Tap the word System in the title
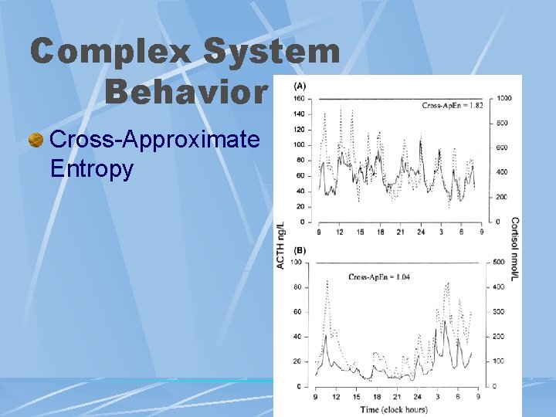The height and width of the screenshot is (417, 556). point(271,53)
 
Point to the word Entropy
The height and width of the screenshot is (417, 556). point(91,168)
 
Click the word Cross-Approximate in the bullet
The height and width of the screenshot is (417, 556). point(154,140)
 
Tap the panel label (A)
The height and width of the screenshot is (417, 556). point(300,85)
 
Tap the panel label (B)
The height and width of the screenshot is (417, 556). point(300,250)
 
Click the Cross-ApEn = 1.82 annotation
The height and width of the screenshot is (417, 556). point(452,106)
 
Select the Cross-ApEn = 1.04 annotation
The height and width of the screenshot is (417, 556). point(378,276)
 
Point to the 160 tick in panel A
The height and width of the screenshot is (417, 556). point(298,98)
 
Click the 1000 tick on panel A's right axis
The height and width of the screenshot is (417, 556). point(504,98)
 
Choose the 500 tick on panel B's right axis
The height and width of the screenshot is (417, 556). point(498,263)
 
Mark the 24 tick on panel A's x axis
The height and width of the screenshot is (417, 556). point(421,232)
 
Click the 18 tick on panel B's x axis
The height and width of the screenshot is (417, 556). point(376,397)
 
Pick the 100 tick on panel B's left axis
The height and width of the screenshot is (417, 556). point(296,263)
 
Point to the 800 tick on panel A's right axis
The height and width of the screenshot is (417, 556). point(502,123)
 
